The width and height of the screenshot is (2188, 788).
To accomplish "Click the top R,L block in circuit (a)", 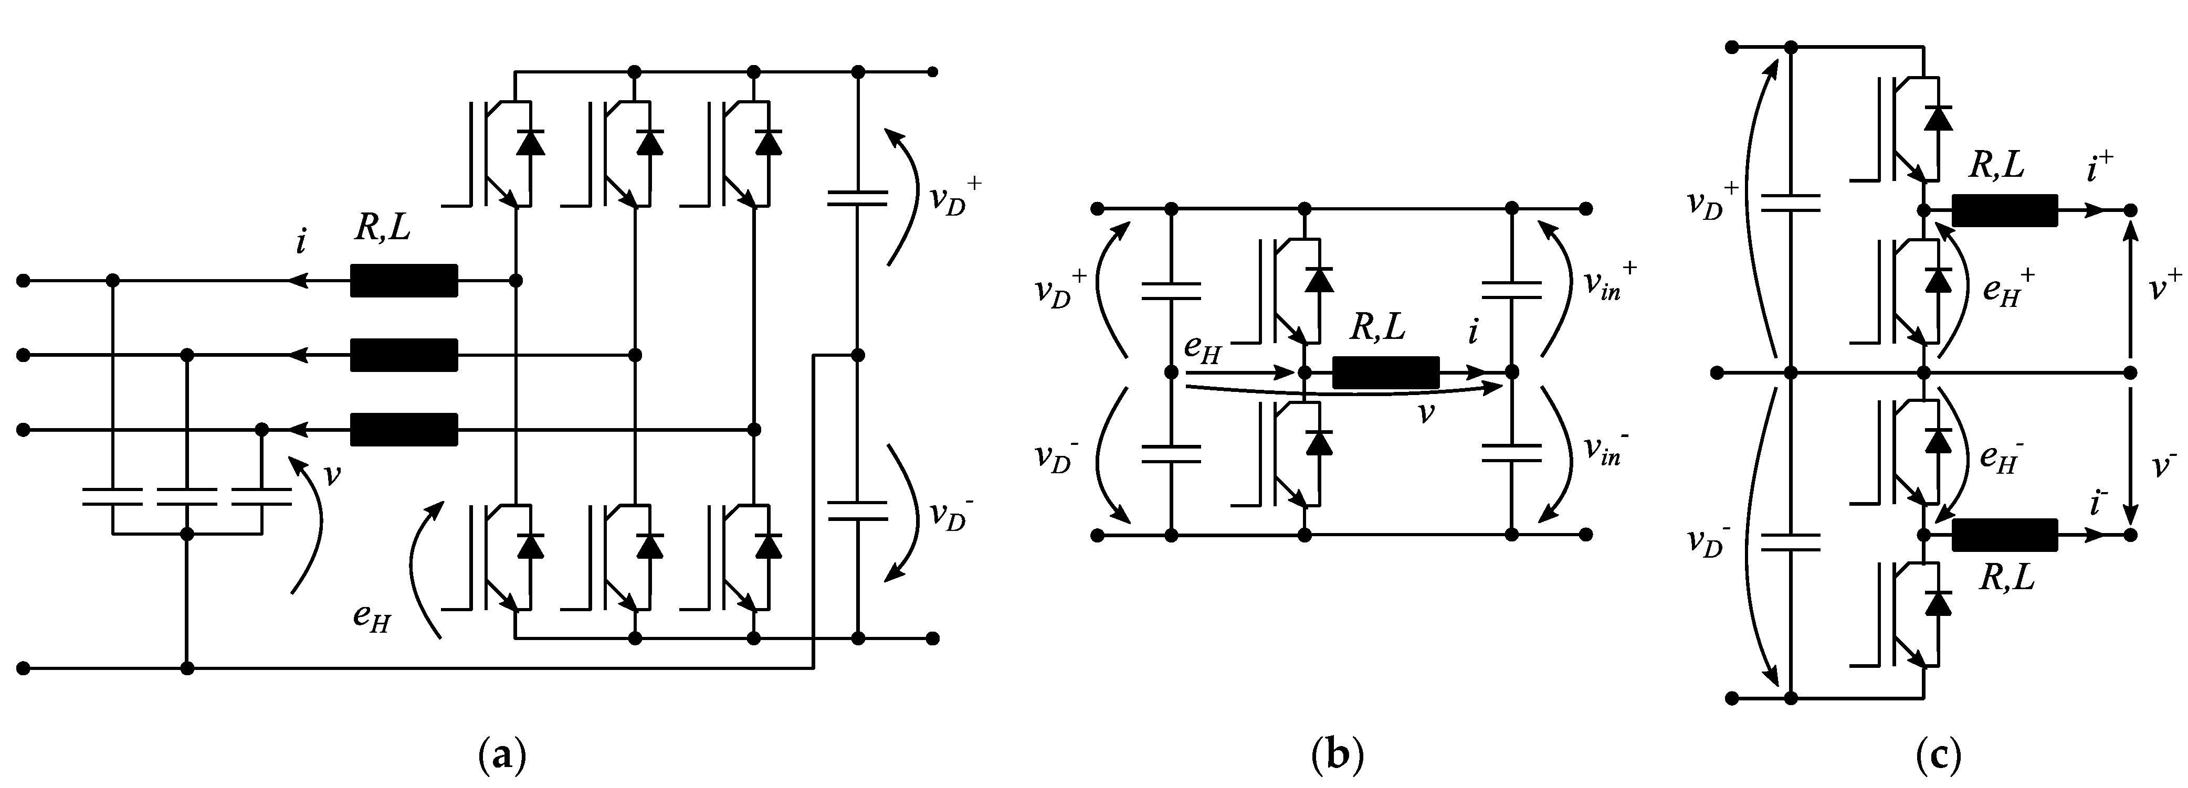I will [x=404, y=280].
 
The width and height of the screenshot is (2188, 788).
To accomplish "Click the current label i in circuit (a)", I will [x=301, y=243].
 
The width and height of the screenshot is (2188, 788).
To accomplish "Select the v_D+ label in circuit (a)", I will [x=955, y=199].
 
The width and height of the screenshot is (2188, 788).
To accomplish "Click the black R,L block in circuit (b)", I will [x=1385, y=372].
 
